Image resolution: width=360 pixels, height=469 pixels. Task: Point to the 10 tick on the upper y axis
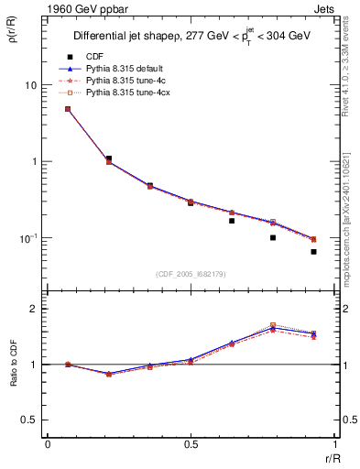pos(30,85)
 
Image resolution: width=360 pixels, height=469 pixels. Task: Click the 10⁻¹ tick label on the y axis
pos(27,238)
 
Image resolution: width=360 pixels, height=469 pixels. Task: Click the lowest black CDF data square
pos(313,252)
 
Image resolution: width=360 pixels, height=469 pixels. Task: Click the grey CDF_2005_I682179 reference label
pos(190,274)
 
